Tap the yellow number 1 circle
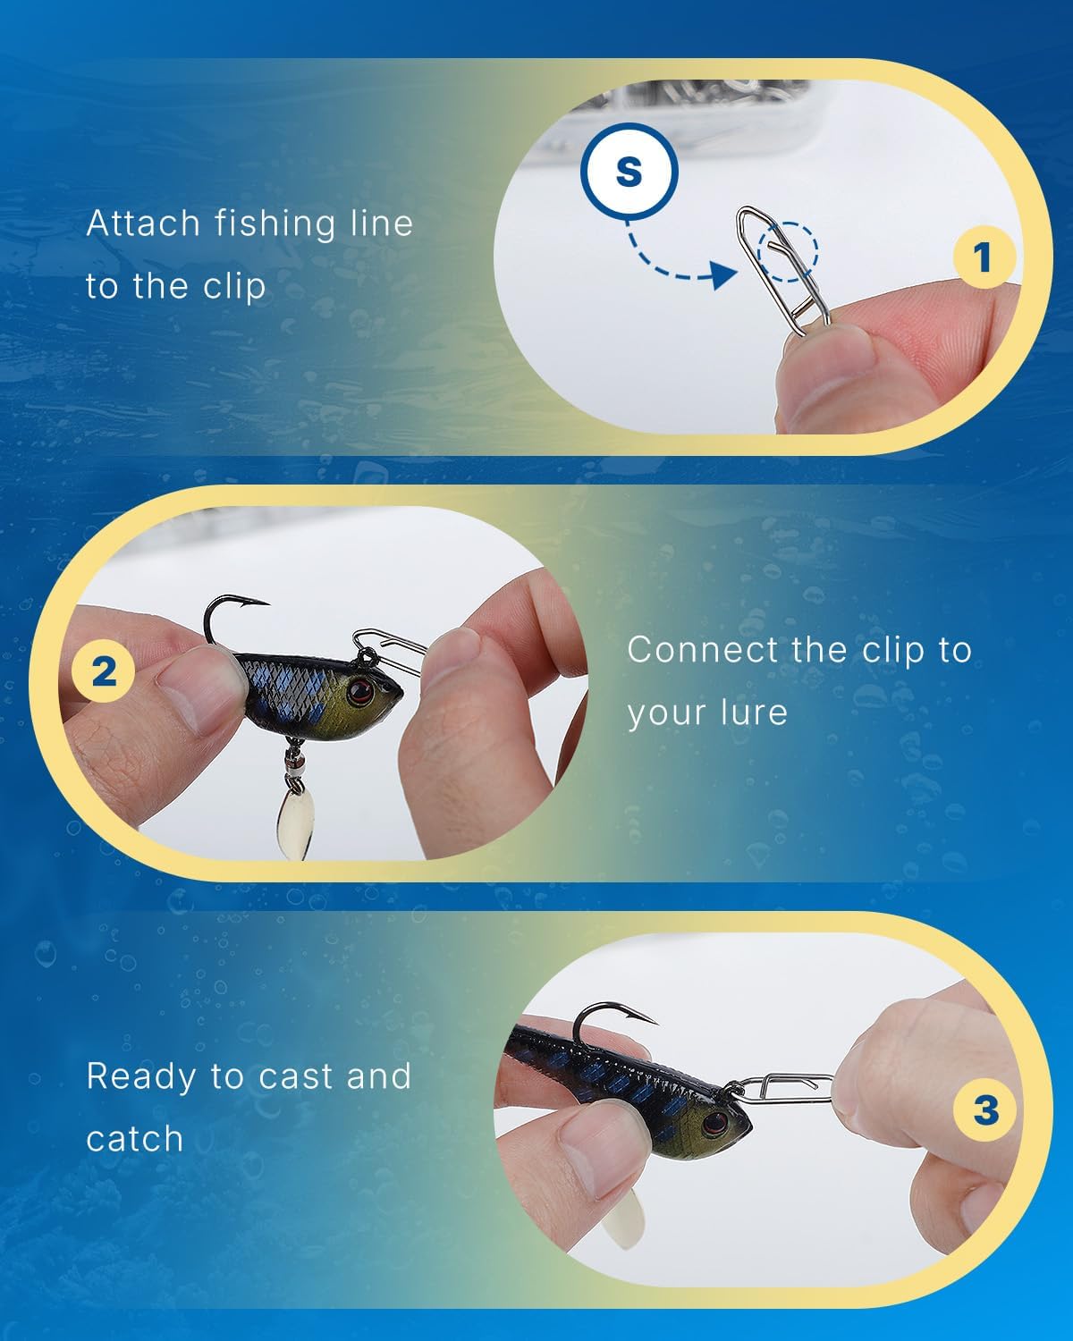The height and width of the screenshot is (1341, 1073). tap(983, 257)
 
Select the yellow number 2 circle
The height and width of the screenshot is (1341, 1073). tap(104, 670)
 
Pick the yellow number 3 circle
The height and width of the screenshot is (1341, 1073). tap(984, 1110)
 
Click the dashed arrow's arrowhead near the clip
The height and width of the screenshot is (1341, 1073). tap(721, 276)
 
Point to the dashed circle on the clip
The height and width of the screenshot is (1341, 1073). tap(788, 251)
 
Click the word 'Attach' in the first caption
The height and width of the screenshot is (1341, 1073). tap(143, 223)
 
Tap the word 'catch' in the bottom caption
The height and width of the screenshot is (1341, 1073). tap(134, 1139)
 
